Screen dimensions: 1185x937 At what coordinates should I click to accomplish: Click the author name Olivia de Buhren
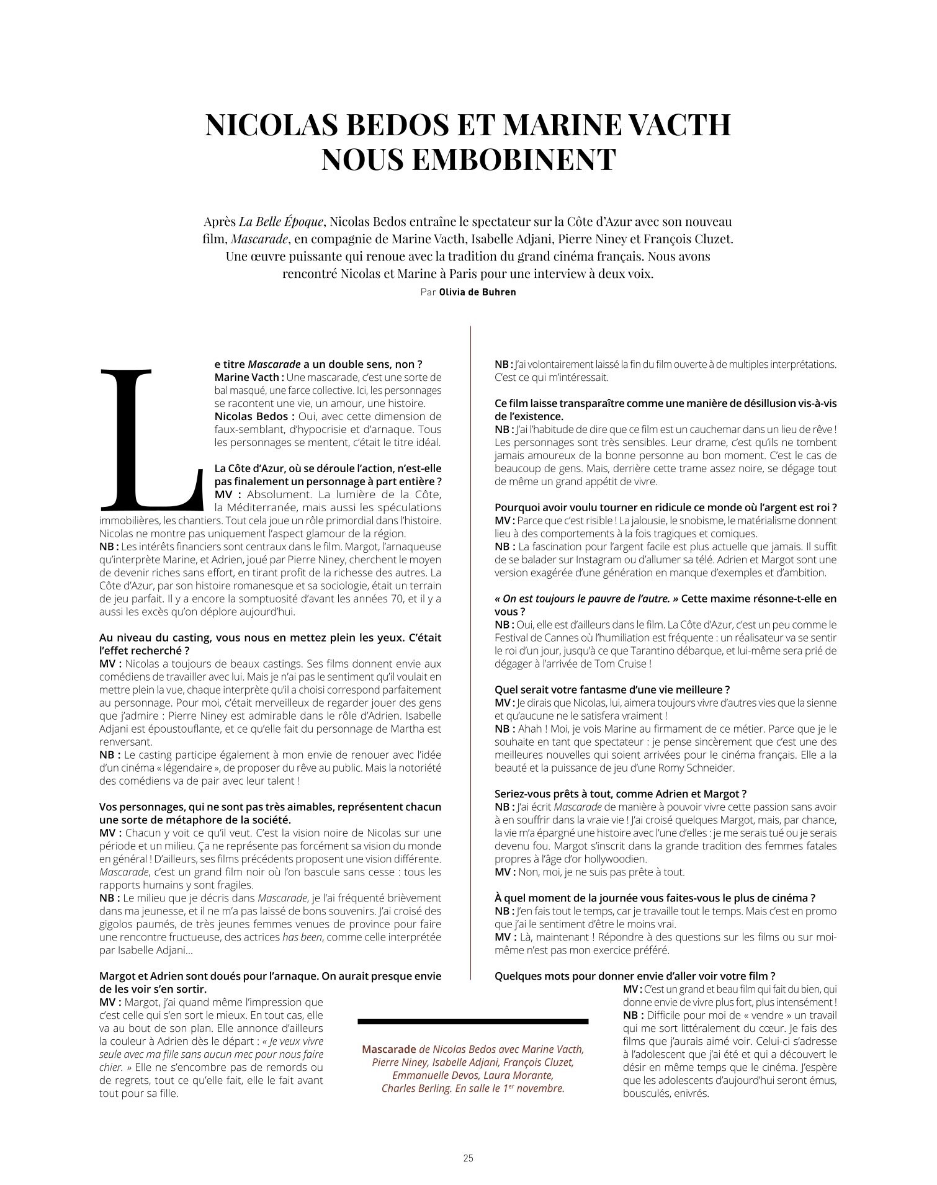477,292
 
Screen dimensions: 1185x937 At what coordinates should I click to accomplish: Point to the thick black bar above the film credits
473,1021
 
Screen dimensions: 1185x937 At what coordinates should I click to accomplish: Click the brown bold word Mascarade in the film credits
388,1049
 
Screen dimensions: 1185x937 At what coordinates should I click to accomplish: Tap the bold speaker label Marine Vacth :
249,377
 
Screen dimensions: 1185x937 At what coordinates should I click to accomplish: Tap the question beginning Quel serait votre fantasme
612,689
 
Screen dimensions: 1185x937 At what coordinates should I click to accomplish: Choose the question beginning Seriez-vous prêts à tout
620,794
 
